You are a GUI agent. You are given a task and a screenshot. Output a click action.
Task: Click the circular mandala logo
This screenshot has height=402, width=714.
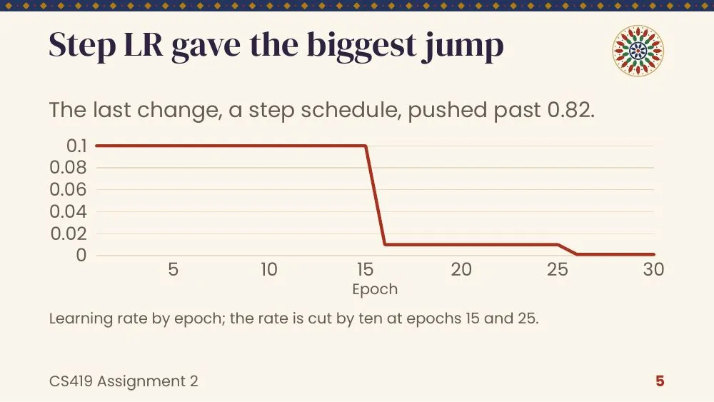point(638,51)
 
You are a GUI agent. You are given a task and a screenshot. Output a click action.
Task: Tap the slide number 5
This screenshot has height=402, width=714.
point(660,381)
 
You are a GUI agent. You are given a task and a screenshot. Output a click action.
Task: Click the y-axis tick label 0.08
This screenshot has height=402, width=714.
point(68,168)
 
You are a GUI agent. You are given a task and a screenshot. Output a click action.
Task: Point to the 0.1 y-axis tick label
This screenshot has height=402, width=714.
point(76,146)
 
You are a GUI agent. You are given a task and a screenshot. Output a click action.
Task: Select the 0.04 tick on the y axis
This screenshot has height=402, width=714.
point(68,211)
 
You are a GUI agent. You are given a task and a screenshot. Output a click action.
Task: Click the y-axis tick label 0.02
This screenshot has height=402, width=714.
point(69,233)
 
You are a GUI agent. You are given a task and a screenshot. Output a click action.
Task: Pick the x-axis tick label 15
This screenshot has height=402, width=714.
point(365,269)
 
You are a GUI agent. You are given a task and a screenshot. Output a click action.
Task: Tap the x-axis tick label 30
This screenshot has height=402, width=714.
point(653,269)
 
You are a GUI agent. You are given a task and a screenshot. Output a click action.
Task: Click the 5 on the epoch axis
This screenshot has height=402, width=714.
point(173,269)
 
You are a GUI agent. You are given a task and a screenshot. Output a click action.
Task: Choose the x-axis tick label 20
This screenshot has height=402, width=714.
point(461,269)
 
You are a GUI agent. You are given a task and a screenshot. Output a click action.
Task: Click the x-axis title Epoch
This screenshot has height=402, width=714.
point(375,289)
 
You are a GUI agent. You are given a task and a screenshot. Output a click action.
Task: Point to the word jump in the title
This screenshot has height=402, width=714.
point(463,46)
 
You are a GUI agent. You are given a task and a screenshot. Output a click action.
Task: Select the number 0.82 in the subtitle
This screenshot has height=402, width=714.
point(571,110)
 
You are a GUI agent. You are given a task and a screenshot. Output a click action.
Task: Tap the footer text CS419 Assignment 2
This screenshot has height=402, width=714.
point(124,381)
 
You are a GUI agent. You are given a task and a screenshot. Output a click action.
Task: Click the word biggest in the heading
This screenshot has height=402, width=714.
point(361,46)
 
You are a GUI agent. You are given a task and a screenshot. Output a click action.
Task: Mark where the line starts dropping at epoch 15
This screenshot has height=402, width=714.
point(366,146)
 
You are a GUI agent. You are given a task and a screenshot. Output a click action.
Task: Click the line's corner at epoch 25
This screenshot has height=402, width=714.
point(558,244)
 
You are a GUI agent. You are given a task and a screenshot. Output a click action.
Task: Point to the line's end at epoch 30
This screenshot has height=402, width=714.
point(654,254)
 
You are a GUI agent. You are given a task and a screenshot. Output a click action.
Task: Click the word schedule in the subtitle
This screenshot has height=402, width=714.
point(351,110)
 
